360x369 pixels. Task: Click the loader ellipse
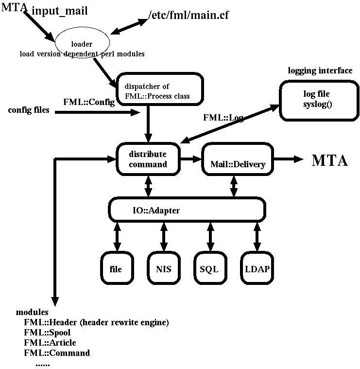85,44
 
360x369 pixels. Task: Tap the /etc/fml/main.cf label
188,16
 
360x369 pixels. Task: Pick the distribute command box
148,159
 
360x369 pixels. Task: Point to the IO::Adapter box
187,210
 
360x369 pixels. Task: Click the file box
116,269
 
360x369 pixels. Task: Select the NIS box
163,269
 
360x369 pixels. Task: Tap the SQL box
209,269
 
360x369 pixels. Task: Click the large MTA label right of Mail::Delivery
329,160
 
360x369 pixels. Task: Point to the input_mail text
60,11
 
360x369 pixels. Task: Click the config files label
29,110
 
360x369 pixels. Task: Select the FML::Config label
89,102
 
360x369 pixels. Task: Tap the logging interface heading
320,71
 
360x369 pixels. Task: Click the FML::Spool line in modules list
47,333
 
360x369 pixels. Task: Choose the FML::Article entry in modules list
50,343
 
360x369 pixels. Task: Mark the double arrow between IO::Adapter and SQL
210,237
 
